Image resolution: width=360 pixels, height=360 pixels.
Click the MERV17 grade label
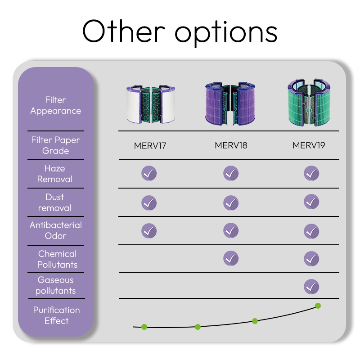click(x=150, y=145)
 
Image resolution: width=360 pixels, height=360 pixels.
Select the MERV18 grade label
click(x=231, y=145)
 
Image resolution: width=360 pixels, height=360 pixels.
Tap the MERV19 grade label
click(x=309, y=145)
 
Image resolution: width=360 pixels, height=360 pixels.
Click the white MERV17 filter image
click(x=150, y=104)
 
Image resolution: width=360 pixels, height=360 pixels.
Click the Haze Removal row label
click(x=55, y=174)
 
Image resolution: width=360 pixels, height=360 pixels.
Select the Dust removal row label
click(x=55, y=202)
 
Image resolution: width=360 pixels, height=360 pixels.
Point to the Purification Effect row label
click(x=56, y=315)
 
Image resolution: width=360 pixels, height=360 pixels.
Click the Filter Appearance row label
click(x=56, y=105)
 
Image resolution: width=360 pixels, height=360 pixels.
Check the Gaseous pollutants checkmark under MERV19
click(x=311, y=286)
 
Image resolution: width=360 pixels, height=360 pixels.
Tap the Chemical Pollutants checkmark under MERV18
click(x=231, y=258)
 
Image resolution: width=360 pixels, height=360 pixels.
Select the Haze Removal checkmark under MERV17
click(x=149, y=173)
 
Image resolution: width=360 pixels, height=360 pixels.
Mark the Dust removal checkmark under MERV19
click(x=311, y=202)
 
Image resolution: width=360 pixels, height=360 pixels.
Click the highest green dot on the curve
click(x=318, y=306)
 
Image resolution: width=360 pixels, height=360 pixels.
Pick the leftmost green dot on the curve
click(x=144, y=327)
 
